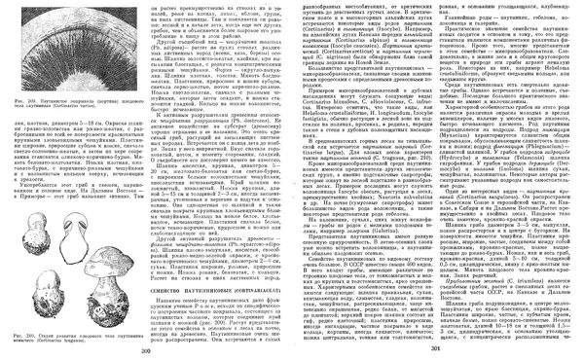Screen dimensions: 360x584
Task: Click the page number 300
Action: pyautogui.click(x=147, y=349)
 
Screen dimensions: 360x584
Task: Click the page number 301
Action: pyautogui.click(x=435, y=349)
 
